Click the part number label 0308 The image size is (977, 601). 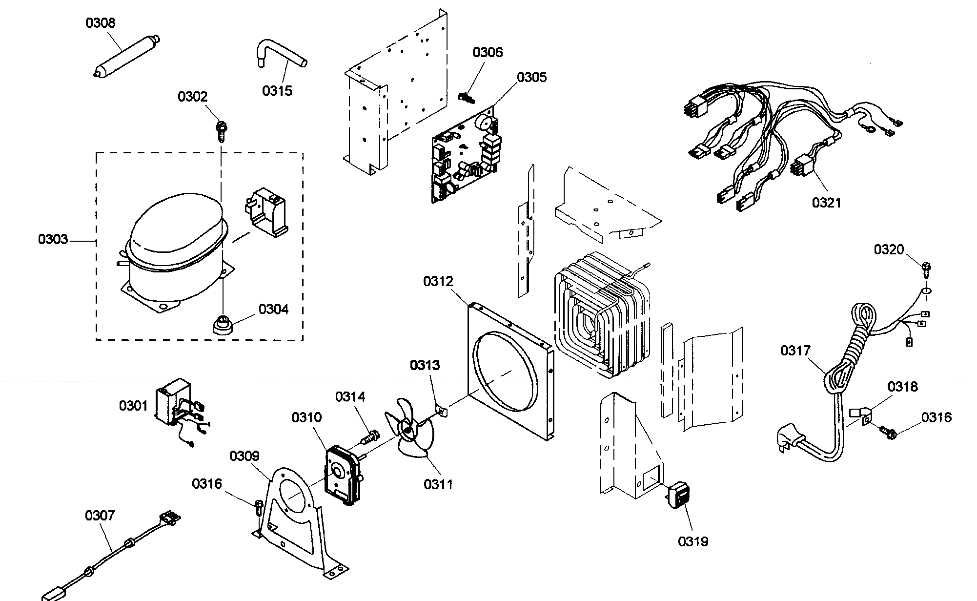(101, 23)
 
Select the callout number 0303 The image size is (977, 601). (53, 240)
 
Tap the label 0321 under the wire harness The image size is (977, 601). (826, 202)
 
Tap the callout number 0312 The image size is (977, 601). (438, 281)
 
